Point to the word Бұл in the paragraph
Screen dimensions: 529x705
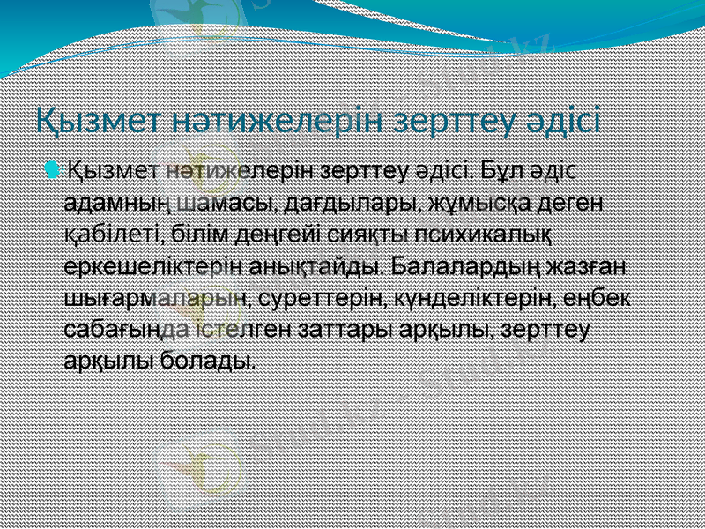[499, 168]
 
